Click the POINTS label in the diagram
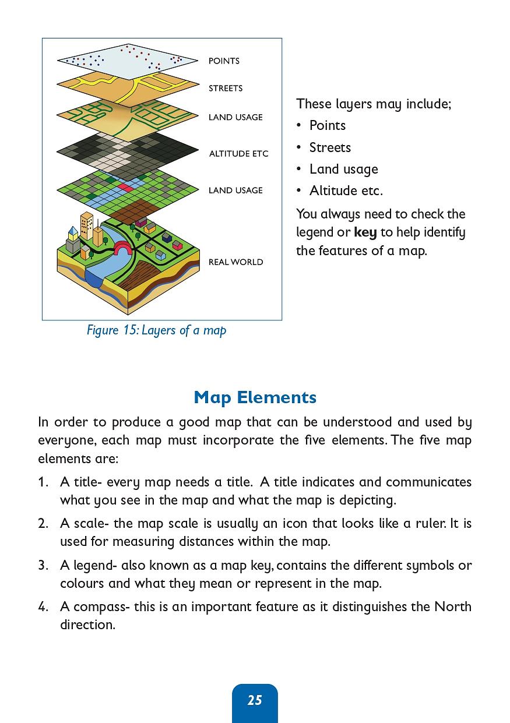click(224, 61)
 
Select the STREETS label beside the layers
click(226, 89)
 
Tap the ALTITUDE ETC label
click(238, 154)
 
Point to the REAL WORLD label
click(235, 262)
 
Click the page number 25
click(255, 700)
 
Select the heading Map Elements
click(255, 397)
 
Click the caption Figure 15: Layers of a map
click(156, 330)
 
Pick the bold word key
click(365, 232)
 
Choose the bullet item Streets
click(330, 147)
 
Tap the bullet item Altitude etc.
click(346, 191)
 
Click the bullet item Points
click(327, 126)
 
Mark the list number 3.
click(43, 565)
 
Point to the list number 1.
click(43, 482)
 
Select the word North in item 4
click(453, 606)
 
